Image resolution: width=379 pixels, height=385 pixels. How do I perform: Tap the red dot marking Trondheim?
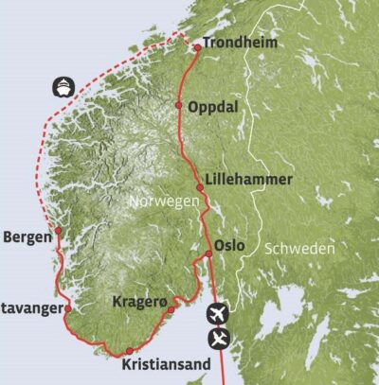point(196,46)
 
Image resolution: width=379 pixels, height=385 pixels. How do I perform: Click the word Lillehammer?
point(248,180)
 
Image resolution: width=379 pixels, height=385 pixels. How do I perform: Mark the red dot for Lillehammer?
point(200,187)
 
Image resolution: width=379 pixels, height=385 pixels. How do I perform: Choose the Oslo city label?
point(230,245)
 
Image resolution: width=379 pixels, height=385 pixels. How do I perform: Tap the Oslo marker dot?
point(208,254)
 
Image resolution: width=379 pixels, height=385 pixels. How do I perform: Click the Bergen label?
point(27,237)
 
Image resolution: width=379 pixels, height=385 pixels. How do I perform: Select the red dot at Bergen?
point(58,230)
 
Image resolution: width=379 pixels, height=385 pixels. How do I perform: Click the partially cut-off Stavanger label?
point(30,307)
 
